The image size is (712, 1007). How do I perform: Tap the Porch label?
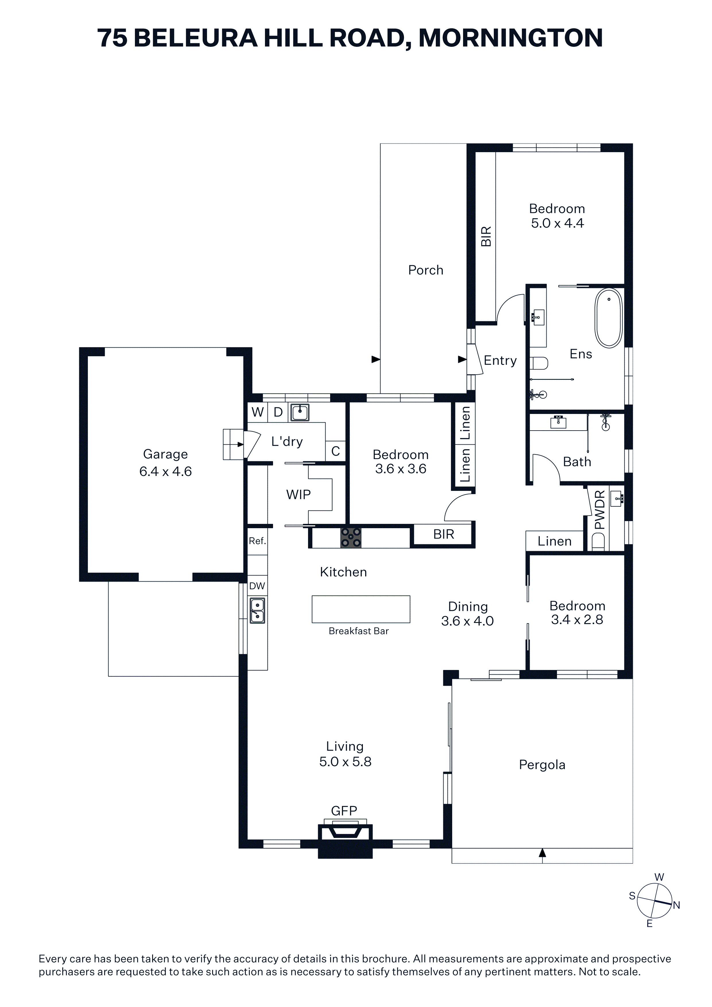tap(425, 270)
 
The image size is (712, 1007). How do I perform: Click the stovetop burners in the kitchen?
tap(351, 538)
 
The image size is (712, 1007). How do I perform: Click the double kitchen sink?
tap(257, 611)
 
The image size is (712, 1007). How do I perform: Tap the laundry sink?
tap(300, 412)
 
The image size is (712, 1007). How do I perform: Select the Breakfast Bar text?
tap(359, 631)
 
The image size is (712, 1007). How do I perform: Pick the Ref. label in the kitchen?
tap(258, 541)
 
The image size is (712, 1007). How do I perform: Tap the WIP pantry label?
tap(298, 495)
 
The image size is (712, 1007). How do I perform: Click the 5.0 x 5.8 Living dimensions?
tap(345, 762)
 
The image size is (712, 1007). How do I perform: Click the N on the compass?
tap(676, 905)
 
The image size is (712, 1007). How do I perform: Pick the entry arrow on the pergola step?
tap(542, 853)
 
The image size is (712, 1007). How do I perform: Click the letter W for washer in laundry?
tap(258, 412)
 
